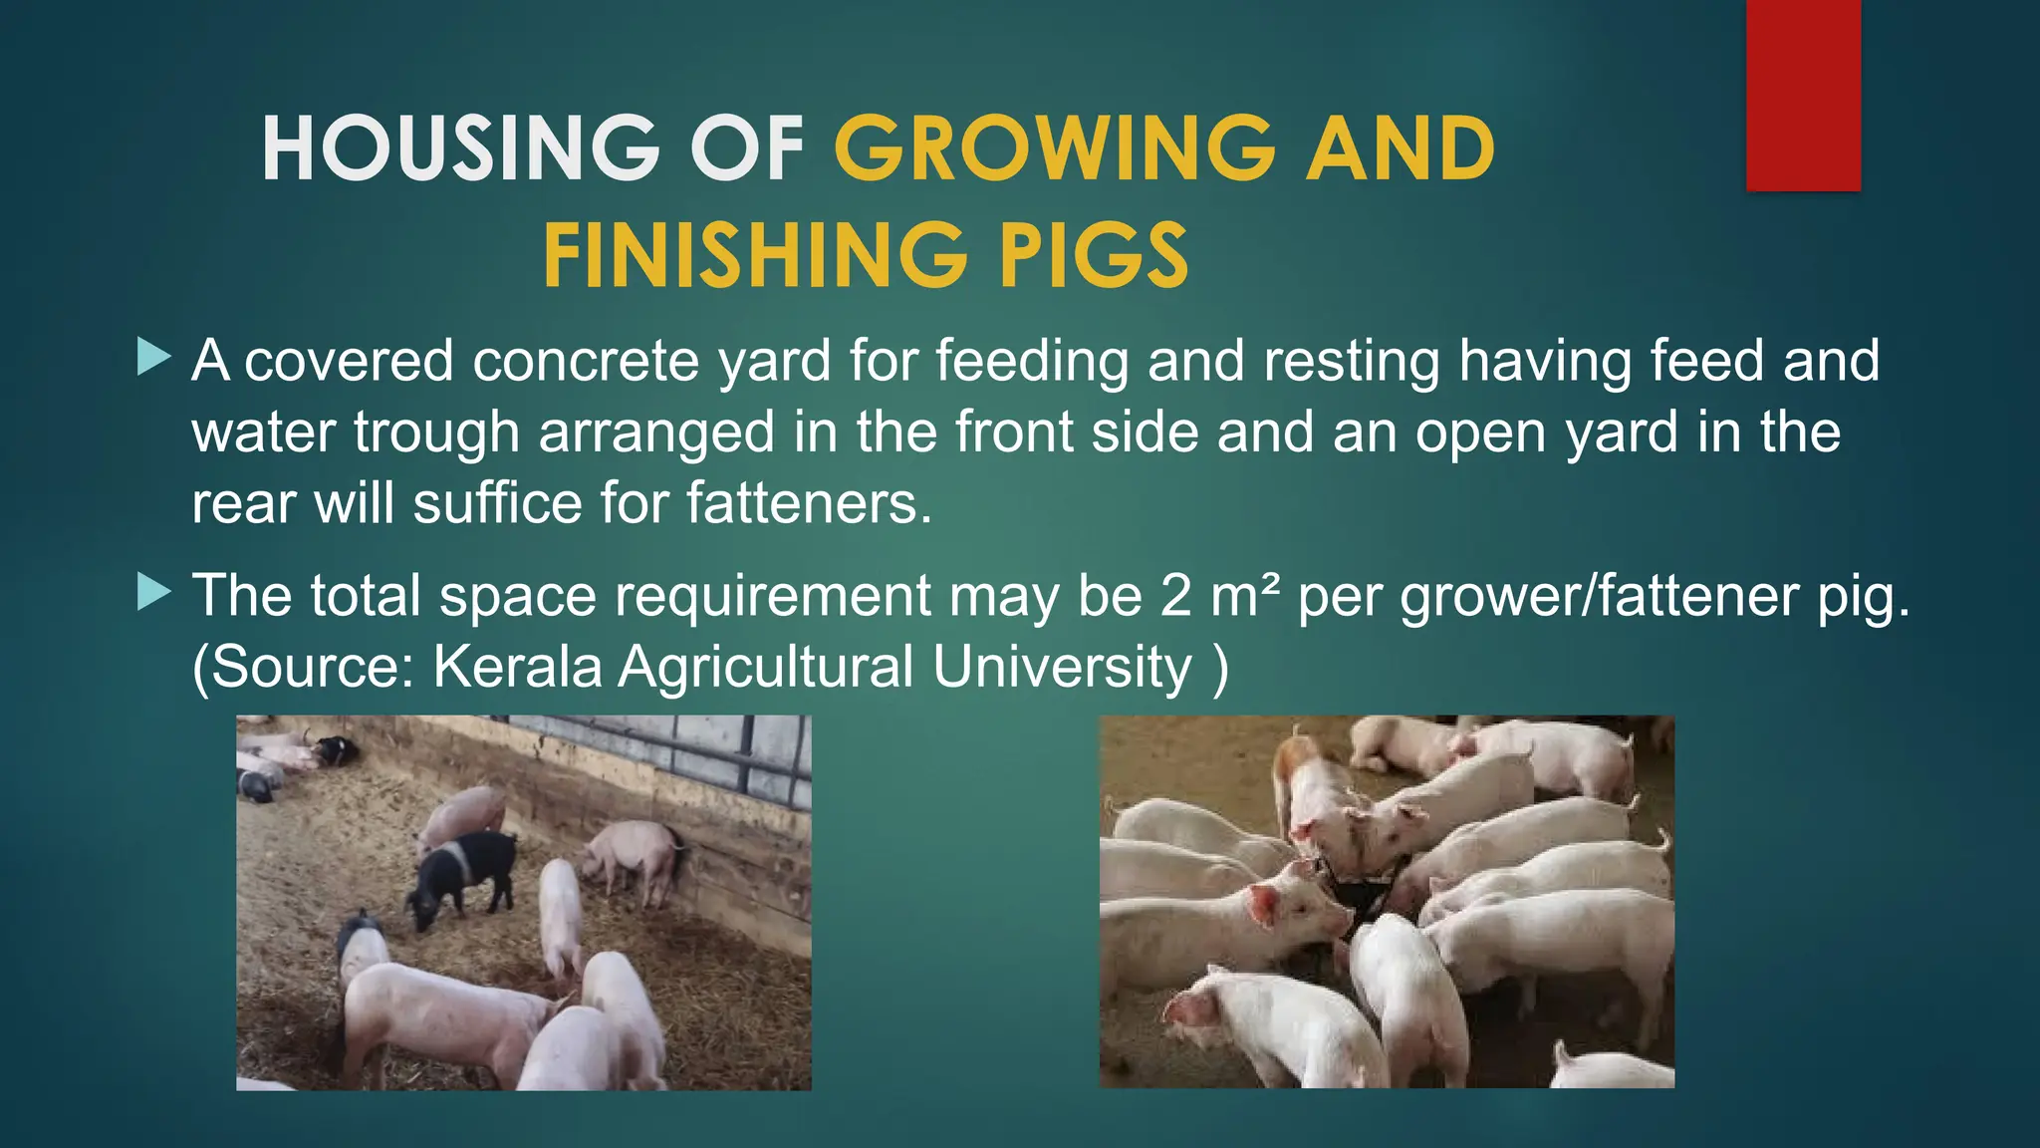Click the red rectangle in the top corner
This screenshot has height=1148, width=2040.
1803,96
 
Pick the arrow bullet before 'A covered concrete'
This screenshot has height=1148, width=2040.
153,357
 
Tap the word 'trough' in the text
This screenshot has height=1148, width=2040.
436,432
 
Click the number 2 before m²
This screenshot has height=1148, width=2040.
1175,596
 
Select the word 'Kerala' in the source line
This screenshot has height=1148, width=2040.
517,667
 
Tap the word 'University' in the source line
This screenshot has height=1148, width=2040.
1062,667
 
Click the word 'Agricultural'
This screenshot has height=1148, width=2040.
765,667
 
